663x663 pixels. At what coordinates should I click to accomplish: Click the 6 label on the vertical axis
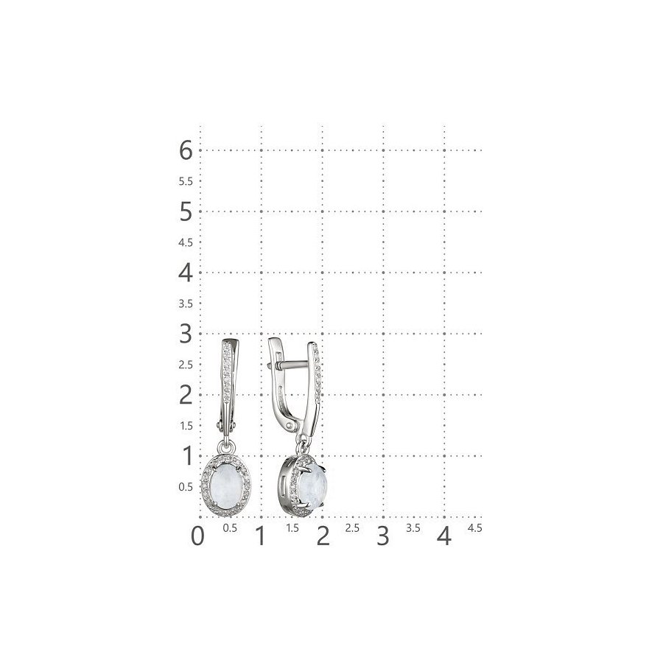pos(186,150)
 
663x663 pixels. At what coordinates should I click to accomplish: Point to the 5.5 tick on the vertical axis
pos(186,181)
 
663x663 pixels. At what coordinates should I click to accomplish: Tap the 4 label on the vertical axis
pos(186,273)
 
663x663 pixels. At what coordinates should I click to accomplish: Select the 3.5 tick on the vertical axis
pos(186,304)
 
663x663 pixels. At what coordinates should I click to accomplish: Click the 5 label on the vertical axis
pos(186,211)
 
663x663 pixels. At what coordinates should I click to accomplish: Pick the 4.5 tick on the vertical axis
pos(186,242)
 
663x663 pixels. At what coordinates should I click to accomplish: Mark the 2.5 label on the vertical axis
pos(186,365)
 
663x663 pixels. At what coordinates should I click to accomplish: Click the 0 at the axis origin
pos(197,536)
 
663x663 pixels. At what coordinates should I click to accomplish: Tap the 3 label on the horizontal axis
pos(382,536)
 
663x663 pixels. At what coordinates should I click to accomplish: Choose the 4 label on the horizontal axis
pos(444,536)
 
